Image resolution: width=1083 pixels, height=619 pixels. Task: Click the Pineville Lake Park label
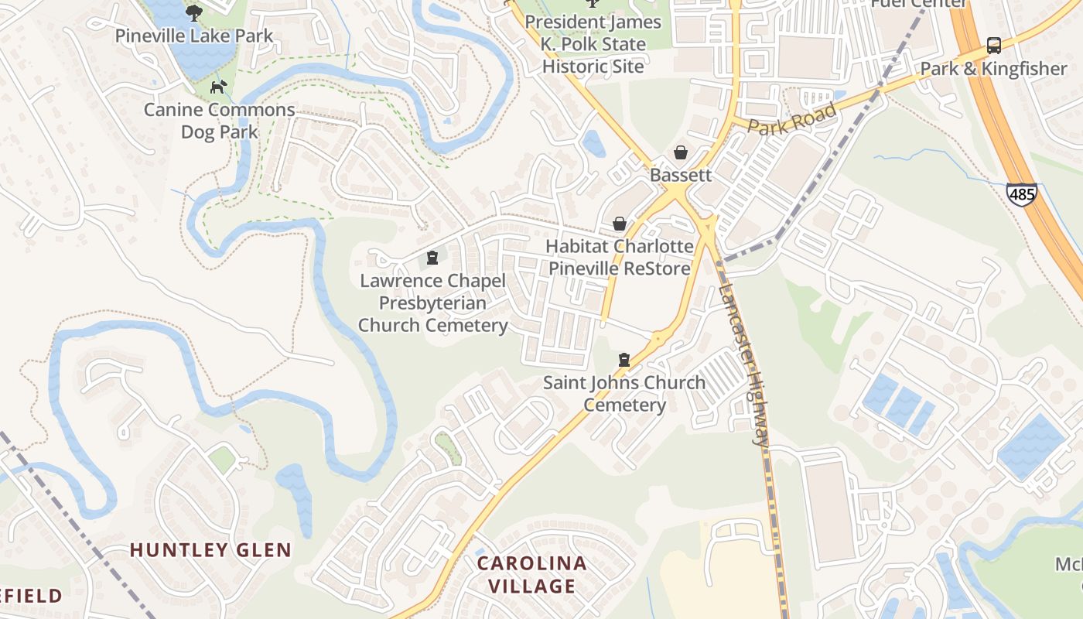point(194,36)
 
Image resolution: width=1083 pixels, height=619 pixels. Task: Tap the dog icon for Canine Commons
point(220,86)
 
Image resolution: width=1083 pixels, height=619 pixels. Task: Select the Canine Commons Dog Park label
point(220,121)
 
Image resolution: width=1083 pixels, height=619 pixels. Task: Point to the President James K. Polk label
point(593,44)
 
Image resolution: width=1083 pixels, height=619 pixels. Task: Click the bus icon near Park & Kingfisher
point(994,46)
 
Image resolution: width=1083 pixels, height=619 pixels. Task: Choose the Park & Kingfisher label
point(993,69)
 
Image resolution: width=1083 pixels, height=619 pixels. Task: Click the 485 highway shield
point(1022,194)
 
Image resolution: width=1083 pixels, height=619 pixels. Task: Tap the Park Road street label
point(792,120)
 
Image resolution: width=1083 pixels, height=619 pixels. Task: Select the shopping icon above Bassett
point(681,152)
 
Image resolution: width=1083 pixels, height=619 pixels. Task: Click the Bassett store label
point(681,175)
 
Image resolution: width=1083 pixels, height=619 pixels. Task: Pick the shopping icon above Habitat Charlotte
point(620,224)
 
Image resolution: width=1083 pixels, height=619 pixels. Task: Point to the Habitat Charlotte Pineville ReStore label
point(620,258)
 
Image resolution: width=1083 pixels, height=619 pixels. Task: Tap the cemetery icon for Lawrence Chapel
point(432,258)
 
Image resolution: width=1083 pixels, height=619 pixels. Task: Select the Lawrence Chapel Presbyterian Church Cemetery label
point(432,303)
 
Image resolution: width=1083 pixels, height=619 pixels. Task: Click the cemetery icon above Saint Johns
point(624,360)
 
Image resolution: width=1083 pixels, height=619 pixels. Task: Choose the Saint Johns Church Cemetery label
point(624,394)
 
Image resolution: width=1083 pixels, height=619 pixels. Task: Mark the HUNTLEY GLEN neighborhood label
point(210,550)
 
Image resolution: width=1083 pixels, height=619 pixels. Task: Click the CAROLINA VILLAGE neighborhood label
point(531,574)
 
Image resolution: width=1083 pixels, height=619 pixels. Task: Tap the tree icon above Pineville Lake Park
point(194,12)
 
